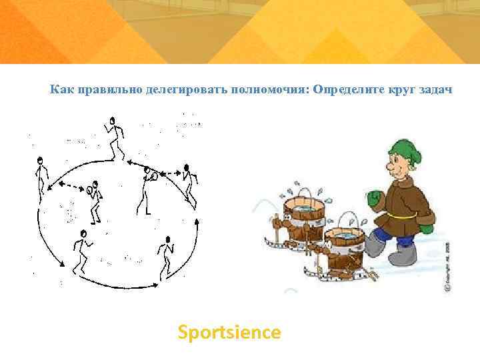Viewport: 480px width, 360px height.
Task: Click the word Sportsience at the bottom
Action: (x=229, y=332)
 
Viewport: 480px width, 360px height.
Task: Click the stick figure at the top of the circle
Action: (x=115, y=137)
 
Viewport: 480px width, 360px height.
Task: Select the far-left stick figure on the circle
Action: (x=41, y=177)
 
